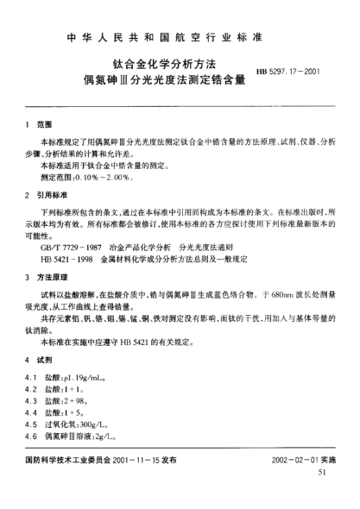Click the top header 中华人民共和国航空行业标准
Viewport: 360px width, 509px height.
[180, 41]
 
